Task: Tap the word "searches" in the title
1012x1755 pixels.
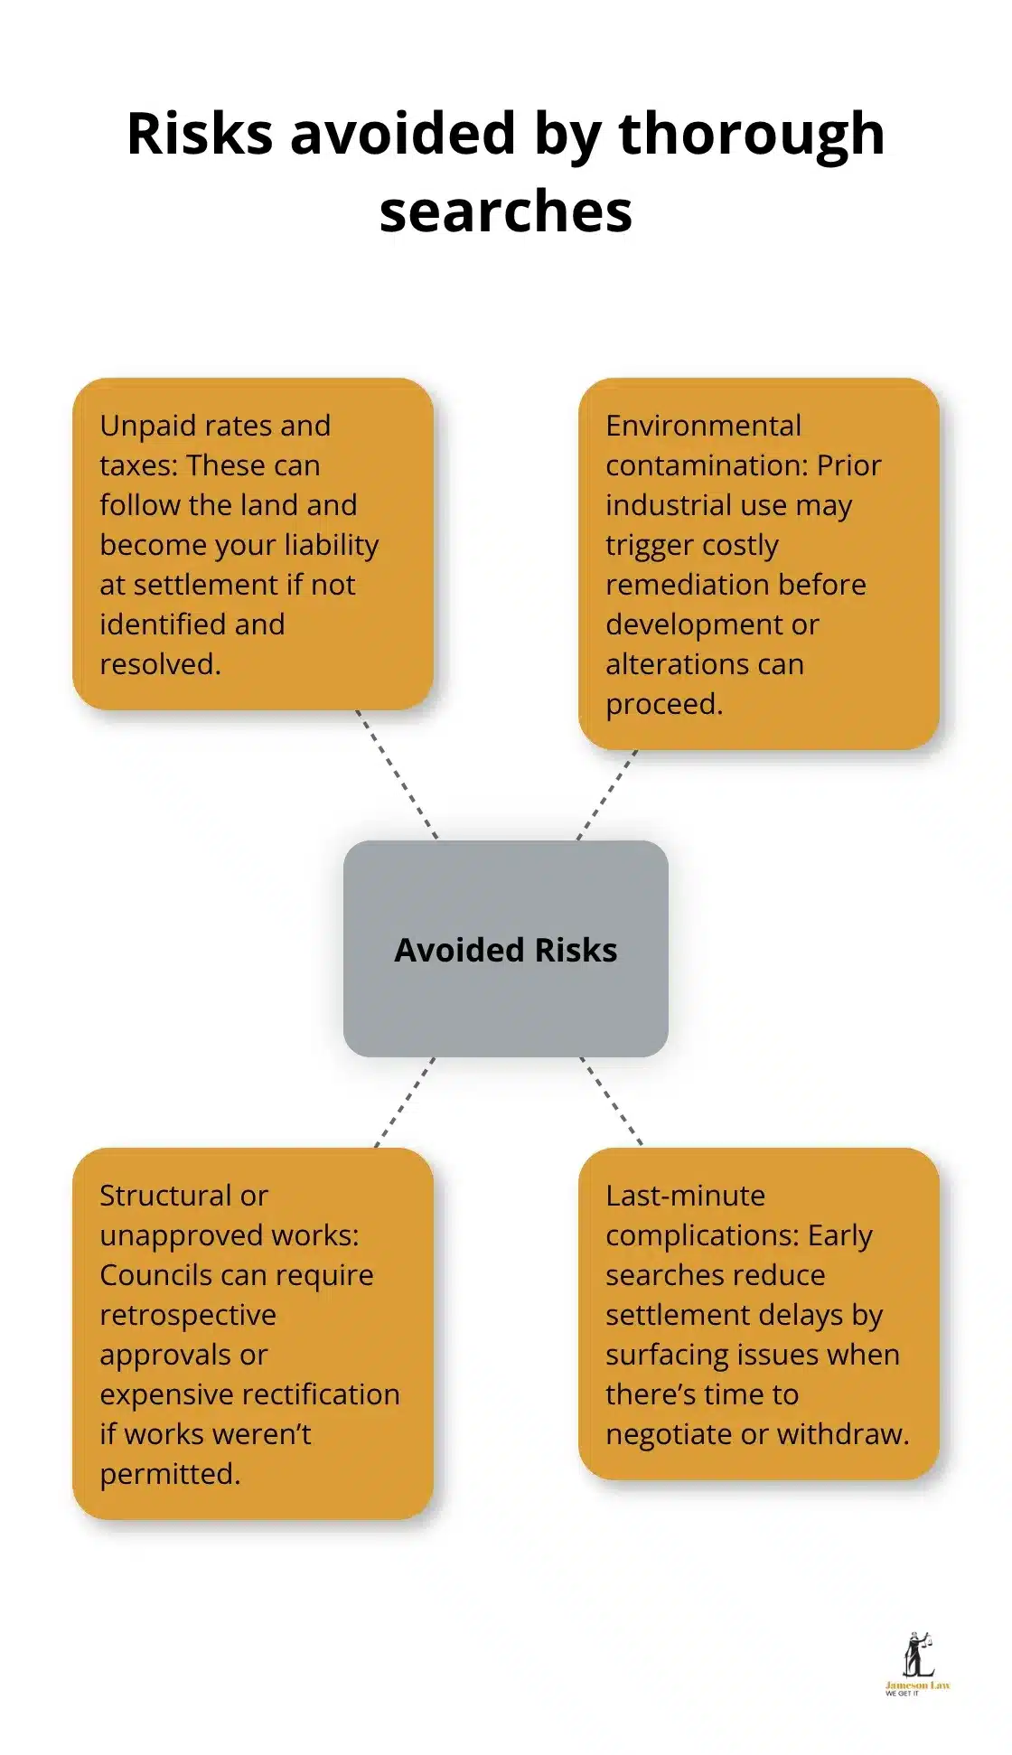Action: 505,212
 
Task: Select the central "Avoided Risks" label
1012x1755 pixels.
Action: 505,950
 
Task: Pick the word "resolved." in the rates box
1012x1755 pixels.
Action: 160,664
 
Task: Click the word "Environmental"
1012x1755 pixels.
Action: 703,426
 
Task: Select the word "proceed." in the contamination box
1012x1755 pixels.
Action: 664,704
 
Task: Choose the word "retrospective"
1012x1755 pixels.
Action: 188,1315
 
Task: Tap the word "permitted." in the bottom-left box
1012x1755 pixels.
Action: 170,1474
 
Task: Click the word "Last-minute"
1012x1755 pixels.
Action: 685,1196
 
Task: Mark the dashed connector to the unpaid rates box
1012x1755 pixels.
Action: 397,775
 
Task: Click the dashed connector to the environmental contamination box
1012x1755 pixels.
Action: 607,795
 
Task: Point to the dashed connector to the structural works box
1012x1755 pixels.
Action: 405,1103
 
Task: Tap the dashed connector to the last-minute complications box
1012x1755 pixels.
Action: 611,1101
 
